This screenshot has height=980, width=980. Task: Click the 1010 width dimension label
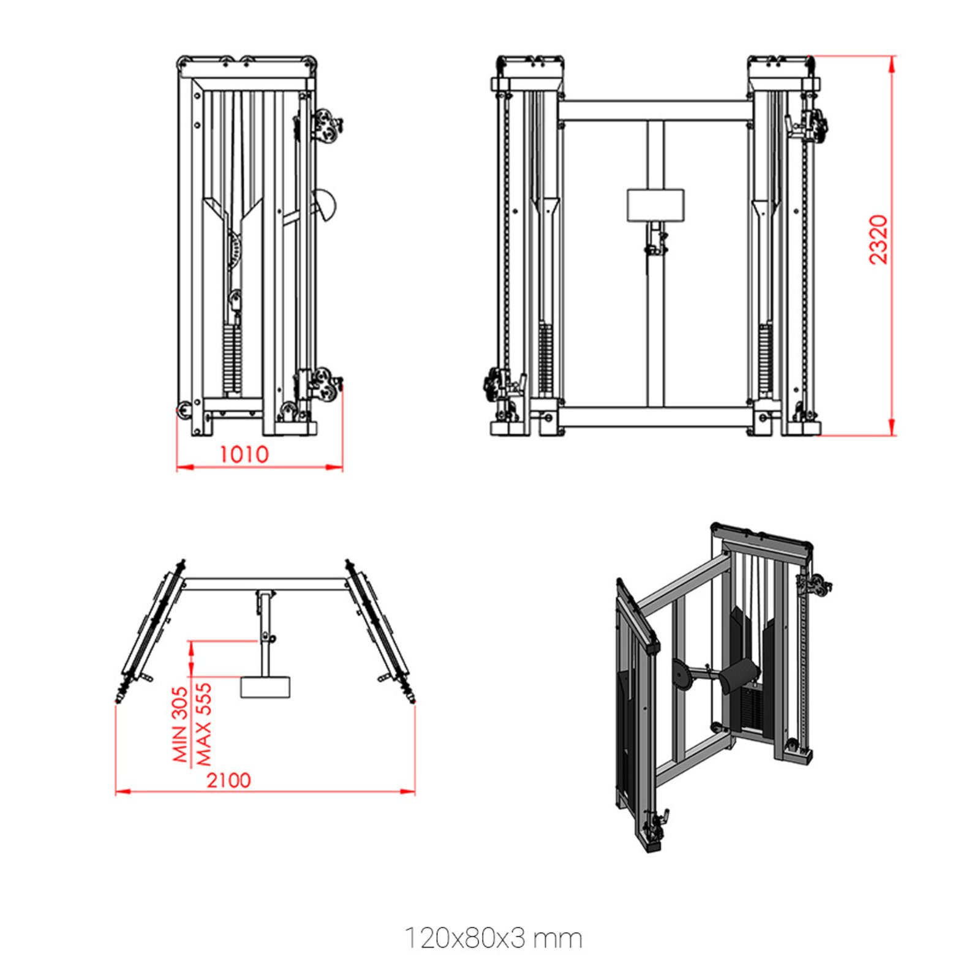click(244, 454)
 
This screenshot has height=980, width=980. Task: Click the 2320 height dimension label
click(878, 239)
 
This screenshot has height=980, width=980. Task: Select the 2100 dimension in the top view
click(228, 780)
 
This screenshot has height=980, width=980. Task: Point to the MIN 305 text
click(179, 724)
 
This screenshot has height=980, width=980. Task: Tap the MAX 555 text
click(203, 724)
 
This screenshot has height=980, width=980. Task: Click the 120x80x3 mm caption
click(493, 938)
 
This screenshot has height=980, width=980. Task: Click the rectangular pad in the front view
click(655, 205)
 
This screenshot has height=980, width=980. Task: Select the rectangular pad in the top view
click(266, 687)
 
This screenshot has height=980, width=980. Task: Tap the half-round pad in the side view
click(325, 205)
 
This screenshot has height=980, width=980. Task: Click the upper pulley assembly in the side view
click(325, 126)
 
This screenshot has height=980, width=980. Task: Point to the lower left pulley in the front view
click(494, 384)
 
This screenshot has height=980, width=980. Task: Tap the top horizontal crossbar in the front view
click(655, 110)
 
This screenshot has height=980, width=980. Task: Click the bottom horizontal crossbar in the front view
click(655, 418)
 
